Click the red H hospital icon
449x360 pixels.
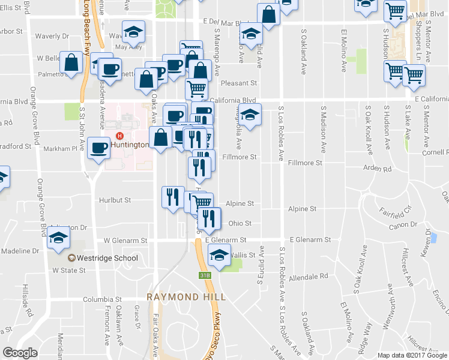[120, 135]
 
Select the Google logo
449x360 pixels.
[20, 353]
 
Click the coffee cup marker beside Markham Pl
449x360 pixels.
[98, 147]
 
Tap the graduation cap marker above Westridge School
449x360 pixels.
[58, 238]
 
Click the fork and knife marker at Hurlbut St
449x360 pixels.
[172, 196]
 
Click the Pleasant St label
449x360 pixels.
[238, 83]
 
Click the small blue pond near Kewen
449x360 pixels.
[433, 238]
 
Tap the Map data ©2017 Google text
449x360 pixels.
[412, 355]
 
